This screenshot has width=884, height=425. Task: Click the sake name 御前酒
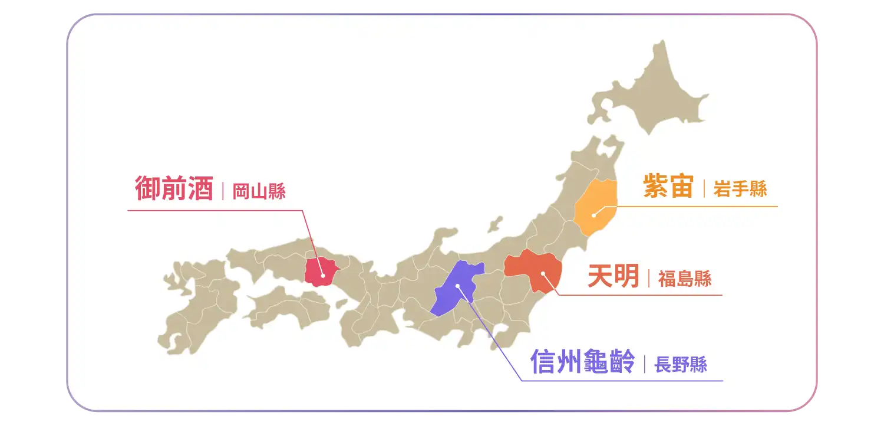point(173,188)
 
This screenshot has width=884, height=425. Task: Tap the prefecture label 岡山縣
point(259,192)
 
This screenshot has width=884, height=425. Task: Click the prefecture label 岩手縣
point(740,189)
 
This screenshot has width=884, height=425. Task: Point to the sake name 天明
point(613,276)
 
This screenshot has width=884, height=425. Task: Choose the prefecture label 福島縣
point(685,279)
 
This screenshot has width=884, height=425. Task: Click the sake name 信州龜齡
point(582,361)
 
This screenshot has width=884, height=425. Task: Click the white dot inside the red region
point(323,275)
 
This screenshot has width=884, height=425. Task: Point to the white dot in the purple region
point(457,285)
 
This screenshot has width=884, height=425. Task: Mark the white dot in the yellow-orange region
point(593,215)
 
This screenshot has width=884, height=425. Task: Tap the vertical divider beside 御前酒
point(223,192)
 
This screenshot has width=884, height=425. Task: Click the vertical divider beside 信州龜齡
point(645,364)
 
